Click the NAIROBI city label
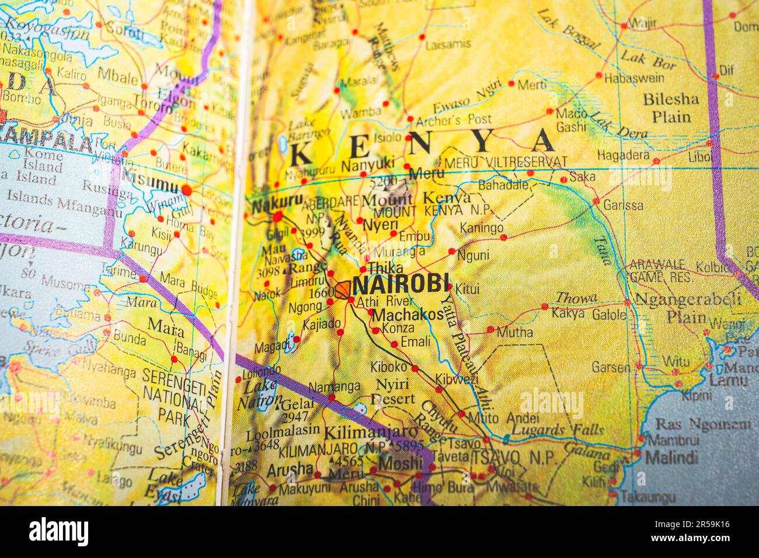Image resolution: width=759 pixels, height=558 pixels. coord(402,284)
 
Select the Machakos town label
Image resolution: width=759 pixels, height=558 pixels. coord(408,315)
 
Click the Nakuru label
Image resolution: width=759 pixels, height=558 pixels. coord(277,204)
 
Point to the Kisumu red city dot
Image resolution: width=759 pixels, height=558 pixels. coord(186,190)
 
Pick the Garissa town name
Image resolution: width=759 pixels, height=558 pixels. coord(623,205)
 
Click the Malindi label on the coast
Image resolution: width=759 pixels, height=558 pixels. coord(671,457)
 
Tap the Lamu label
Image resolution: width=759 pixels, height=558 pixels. coord(728,381)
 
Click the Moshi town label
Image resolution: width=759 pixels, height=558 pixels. coord(400,463)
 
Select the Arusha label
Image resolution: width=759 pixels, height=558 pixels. coord(290,469)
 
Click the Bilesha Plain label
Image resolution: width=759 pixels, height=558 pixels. coord(671,107)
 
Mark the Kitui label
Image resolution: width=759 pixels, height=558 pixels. coord(467,289)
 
